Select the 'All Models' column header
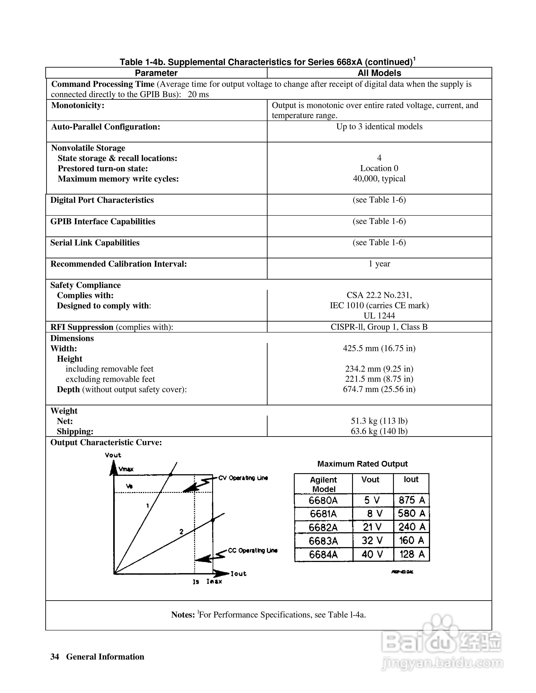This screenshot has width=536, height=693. [379, 73]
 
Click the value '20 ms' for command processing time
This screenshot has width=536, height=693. [198, 94]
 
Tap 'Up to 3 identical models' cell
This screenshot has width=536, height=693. [379, 127]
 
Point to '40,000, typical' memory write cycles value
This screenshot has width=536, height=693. [379, 179]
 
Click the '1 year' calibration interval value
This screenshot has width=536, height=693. [379, 264]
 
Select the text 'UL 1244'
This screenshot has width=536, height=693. [379, 316]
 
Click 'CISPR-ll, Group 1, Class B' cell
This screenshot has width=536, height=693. [379, 327]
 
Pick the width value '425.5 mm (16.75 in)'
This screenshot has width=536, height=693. [379, 348]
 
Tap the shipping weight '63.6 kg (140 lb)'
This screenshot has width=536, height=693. [379, 431]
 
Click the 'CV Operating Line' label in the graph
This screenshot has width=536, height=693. [243, 478]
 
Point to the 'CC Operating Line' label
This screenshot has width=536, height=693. [253, 551]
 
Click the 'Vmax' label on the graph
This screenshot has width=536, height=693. [126, 469]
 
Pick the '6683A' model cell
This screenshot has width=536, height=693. [323, 541]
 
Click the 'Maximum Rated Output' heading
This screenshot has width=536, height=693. [362, 464]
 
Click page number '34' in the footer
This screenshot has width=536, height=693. [55, 657]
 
